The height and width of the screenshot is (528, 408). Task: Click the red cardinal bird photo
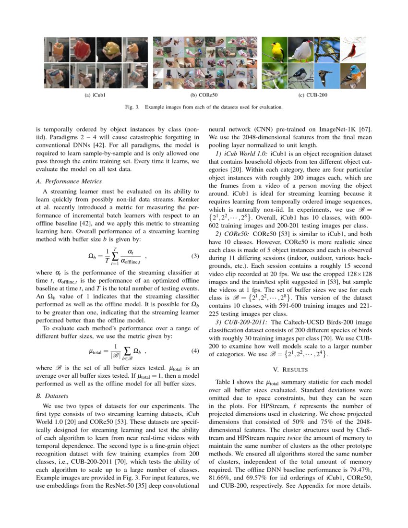352,49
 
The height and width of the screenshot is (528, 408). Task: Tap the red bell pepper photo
83,49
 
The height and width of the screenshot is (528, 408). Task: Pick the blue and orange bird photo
352,75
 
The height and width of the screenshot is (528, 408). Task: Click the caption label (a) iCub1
95,95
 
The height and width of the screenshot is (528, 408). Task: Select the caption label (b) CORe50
204,95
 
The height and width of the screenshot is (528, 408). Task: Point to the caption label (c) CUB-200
313,95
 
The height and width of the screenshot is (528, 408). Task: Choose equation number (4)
195,350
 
